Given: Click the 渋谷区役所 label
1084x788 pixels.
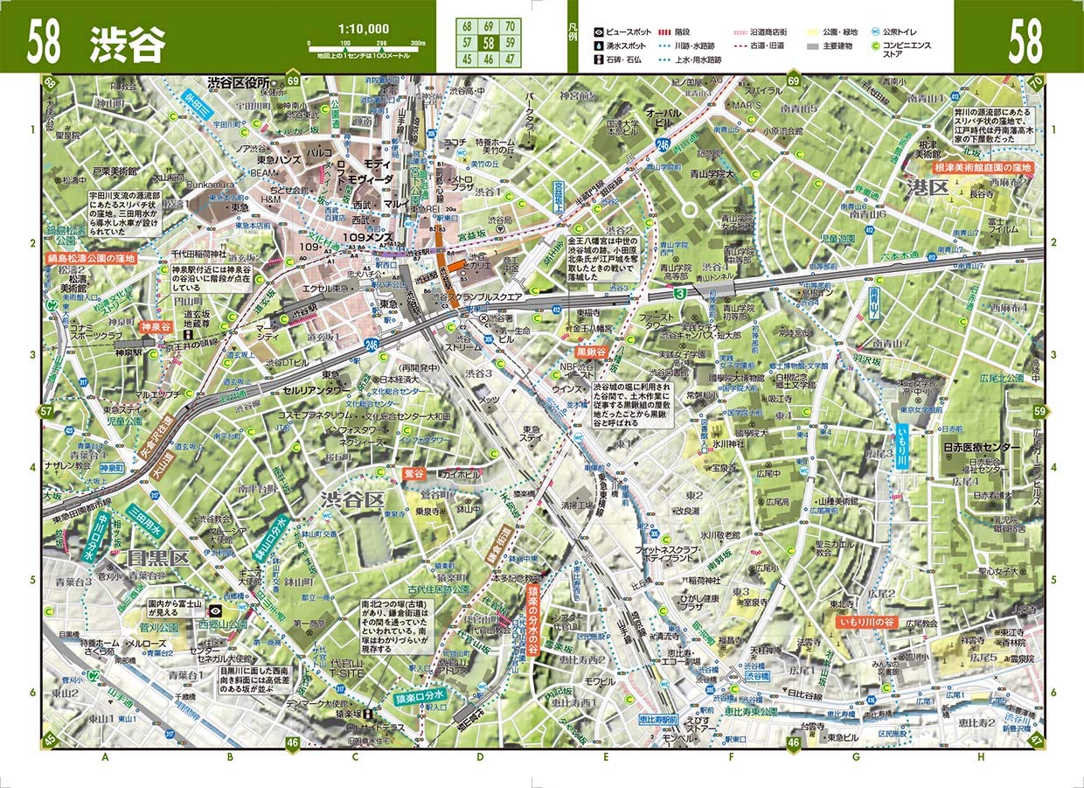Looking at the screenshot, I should point(238,82).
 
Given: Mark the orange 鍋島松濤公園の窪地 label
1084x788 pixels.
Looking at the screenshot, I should point(92,259).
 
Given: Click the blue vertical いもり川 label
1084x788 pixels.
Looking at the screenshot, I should point(903,446).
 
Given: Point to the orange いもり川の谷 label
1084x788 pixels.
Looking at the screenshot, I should point(867,622).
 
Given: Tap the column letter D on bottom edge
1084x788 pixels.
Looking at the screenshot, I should point(480,757).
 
